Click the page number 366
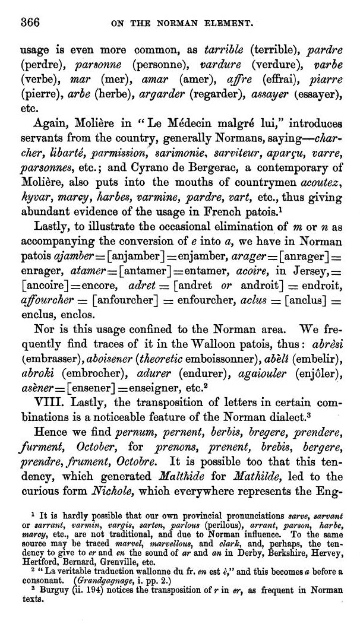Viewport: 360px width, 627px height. pos(30,23)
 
